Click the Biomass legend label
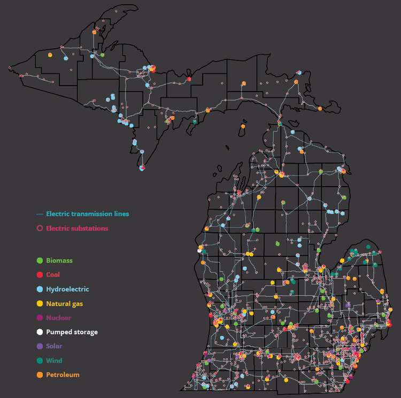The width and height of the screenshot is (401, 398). (59, 261)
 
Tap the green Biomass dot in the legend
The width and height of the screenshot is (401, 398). (39, 261)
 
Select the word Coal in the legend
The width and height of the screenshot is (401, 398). (53, 274)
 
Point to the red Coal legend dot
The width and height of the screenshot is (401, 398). (39, 274)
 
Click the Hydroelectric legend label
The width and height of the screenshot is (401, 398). (67, 289)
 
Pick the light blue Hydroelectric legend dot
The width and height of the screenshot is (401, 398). (39, 289)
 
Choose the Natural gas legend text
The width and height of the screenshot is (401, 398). (64, 303)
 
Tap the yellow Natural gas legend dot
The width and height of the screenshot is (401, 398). (39, 303)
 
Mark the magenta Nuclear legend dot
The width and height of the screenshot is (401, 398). (39, 318)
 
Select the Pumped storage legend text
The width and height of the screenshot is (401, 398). (72, 332)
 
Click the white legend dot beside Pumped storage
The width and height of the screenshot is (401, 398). (39, 332)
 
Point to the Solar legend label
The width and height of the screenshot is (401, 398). (54, 346)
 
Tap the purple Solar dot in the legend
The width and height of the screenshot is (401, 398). (39, 346)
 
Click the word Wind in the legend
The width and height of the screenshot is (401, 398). (54, 361)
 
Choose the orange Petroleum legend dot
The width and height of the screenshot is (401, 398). (39, 374)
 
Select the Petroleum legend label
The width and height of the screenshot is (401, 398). (63, 374)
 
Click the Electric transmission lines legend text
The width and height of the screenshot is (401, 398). (87, 214)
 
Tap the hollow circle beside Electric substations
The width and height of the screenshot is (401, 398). (39, 228)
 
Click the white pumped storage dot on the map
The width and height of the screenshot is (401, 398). (199, 250)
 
